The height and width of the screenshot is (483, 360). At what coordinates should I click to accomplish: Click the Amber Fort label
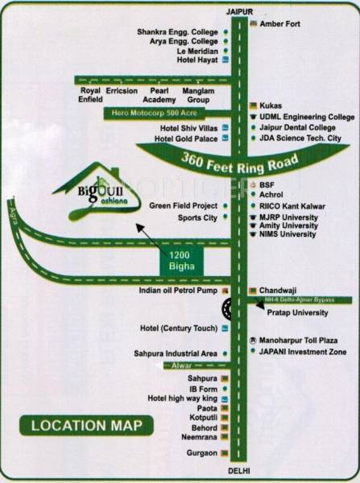(280, 24)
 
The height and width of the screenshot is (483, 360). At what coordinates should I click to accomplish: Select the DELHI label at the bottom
(239, 469)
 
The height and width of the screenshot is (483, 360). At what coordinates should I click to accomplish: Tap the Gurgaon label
(201, 453)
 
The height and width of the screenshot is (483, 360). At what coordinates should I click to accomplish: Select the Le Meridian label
(197, 51)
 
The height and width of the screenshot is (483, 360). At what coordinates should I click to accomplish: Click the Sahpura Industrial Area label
(178, 353)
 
